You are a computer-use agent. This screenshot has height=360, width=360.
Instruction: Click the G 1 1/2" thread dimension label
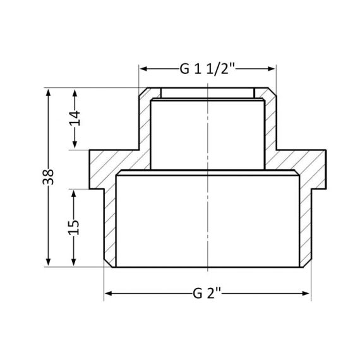point(208,69)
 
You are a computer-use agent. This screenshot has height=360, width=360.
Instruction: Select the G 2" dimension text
point(208,294)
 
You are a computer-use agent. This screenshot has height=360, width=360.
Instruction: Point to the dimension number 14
point(75,119)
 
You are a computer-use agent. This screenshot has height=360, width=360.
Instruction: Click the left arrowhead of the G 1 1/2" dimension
point(143,69)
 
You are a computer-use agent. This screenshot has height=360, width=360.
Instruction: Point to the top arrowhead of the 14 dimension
point(75,92)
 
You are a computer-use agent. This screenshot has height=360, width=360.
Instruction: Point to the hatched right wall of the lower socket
point(305,227)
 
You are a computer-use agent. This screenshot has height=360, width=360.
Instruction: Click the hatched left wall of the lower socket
point(110,227)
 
